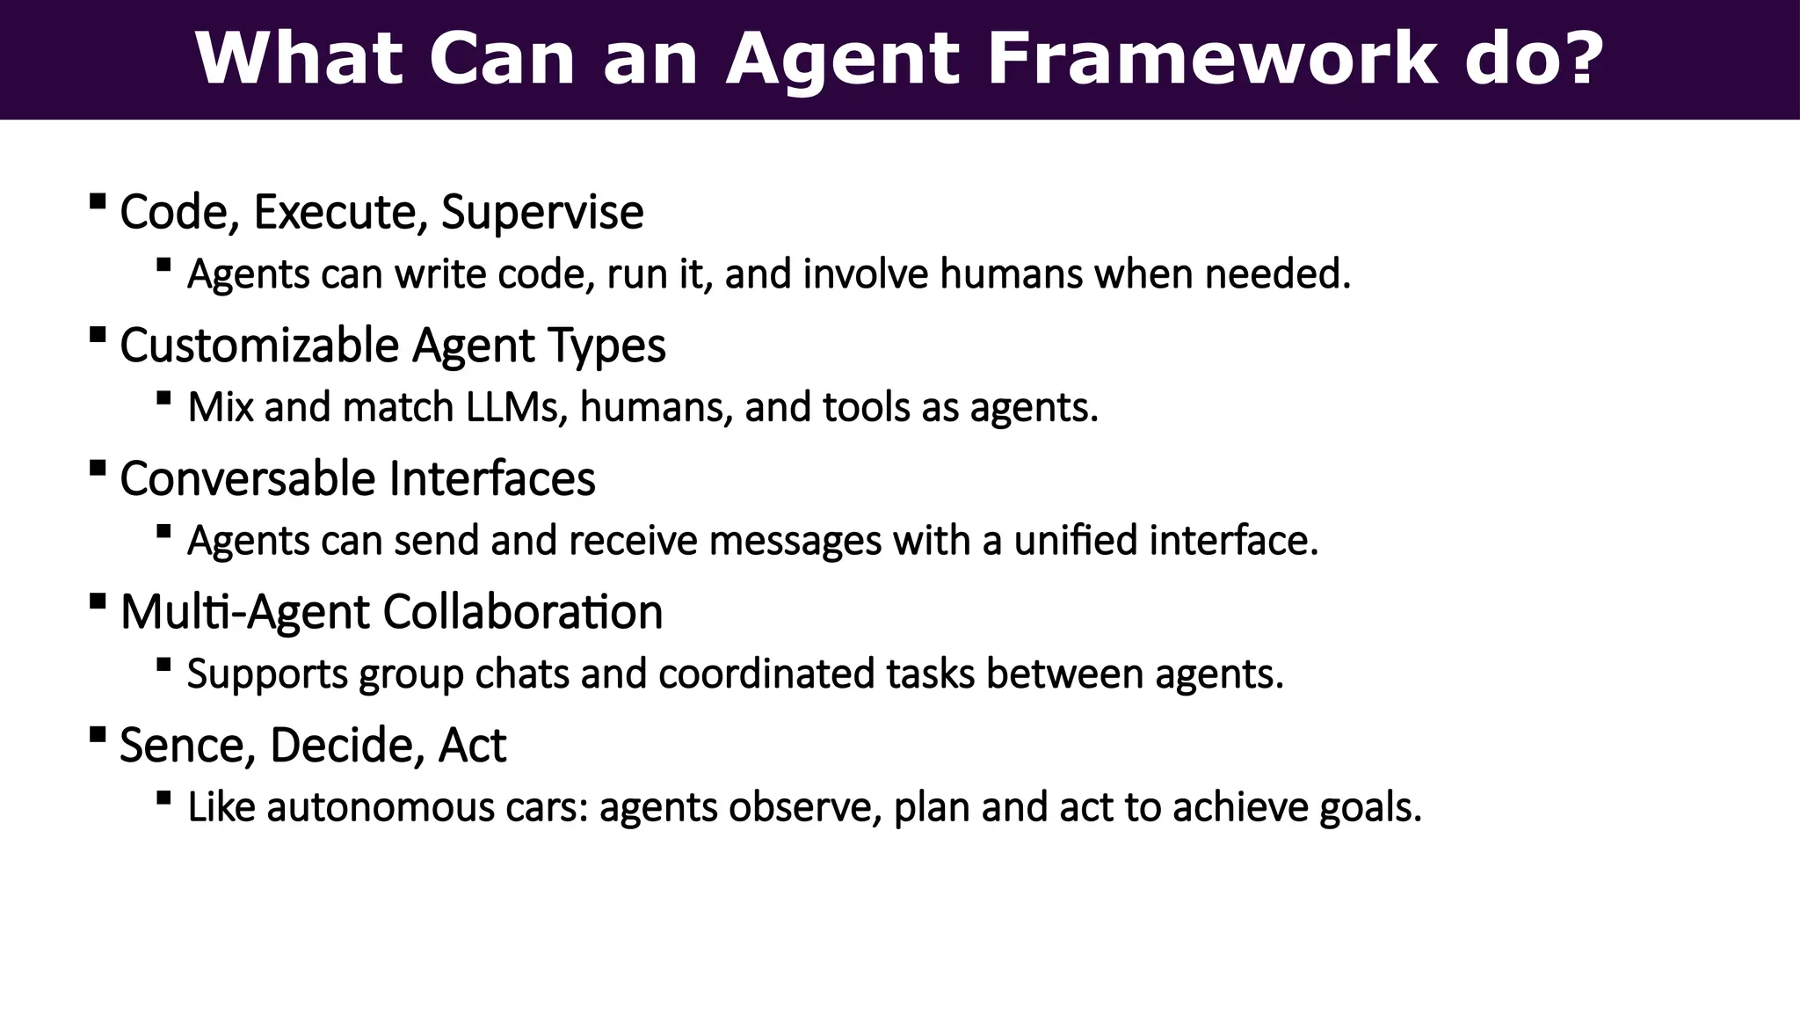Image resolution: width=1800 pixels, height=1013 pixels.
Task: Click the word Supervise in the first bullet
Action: [x=542, y=212]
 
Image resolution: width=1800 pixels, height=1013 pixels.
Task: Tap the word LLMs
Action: [x=516, y=407]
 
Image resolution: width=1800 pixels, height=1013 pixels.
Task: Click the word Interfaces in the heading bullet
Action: [x=492, y=478]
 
